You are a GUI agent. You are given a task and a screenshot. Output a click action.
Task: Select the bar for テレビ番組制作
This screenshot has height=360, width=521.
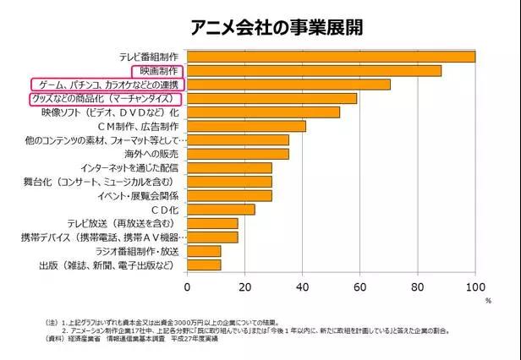point(331,57)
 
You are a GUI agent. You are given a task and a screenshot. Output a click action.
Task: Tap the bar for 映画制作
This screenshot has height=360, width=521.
point(314,71)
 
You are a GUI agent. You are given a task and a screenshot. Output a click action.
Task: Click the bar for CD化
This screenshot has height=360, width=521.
point(221,210)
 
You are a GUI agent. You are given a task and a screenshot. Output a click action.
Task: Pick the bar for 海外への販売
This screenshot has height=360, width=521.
point(238,154)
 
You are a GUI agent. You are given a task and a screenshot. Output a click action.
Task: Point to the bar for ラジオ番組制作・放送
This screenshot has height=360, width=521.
point(204,251)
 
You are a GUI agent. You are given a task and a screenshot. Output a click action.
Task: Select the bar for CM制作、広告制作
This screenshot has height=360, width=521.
point(246,126)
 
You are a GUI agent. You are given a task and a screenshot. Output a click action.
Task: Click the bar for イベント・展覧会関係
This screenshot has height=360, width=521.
point(229,196)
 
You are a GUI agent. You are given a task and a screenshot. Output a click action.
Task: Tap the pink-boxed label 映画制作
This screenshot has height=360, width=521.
point(159,71)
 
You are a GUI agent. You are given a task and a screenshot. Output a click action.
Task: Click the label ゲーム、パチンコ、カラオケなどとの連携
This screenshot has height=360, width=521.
point(107,85)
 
